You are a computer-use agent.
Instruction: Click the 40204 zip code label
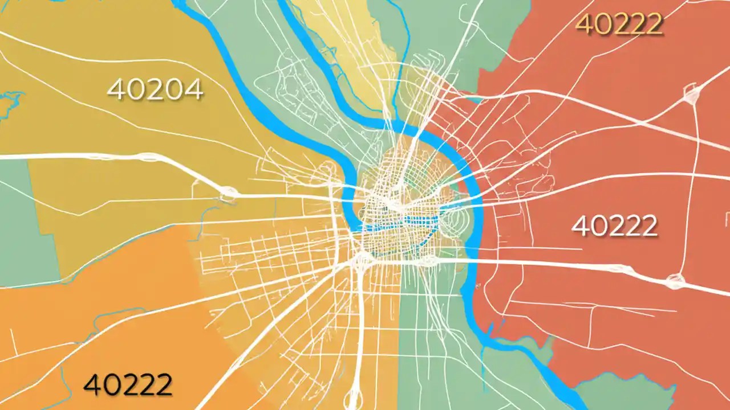[x=155, y=89]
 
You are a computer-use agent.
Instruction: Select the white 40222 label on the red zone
[x=614, y=226]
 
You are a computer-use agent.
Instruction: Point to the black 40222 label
[x=128, y=384]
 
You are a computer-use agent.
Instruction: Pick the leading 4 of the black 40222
[x=92, y=384]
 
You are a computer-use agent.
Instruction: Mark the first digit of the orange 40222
[x=583, y=24]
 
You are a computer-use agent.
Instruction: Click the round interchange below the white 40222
[x=676, y=280]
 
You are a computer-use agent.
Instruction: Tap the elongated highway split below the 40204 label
[x=149, y=157]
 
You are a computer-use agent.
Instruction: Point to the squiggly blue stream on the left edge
[x=10, y=105]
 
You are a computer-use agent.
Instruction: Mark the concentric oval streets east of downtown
[x=451, y=219]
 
